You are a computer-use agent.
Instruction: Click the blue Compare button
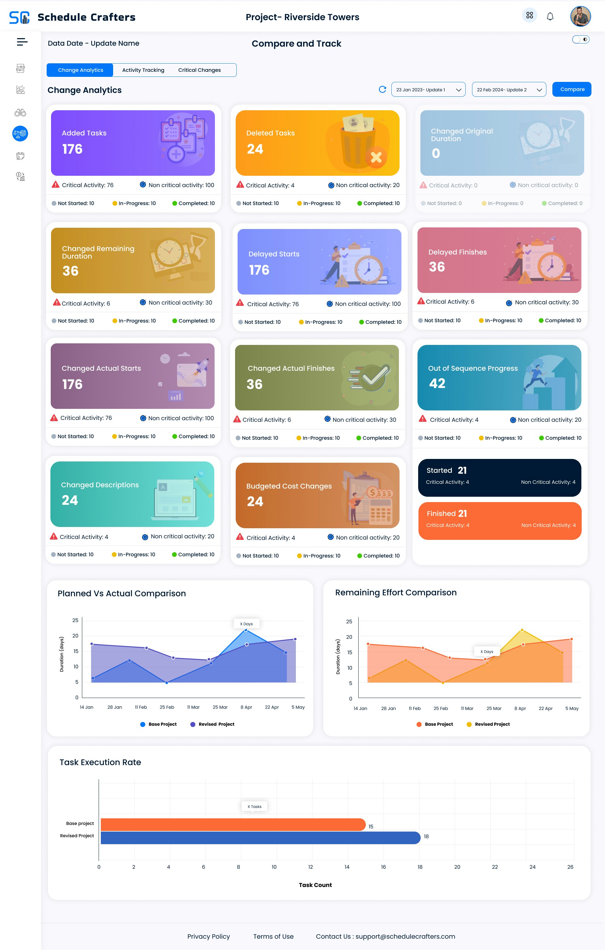coord(572,89)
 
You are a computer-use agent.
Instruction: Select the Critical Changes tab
coord(199,70)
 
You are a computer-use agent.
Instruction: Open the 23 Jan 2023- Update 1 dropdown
coord(428,89)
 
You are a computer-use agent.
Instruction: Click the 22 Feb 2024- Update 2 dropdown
coord(509,89)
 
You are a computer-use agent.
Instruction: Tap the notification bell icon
coord(550,17)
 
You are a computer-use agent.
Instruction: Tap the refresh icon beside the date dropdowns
coord(382,89)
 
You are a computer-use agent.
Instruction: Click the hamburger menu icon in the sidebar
coord(22,42)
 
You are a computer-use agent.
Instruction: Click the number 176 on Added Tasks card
coord(72,149)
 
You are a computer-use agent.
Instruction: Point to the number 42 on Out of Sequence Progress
coord(437,383)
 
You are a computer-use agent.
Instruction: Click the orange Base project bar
coord(233,825)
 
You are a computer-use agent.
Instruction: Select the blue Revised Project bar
coord(261,838)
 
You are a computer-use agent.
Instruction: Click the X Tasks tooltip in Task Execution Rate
coord(254,806)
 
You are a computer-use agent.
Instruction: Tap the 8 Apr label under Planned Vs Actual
coord(246,707)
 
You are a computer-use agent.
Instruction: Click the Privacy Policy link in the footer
coord(208,936)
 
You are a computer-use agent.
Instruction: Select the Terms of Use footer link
coord(273,936)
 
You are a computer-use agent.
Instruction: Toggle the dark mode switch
coord(580,39)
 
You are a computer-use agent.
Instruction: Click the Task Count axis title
coord(315,885)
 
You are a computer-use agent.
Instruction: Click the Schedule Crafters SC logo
coord(19,17)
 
